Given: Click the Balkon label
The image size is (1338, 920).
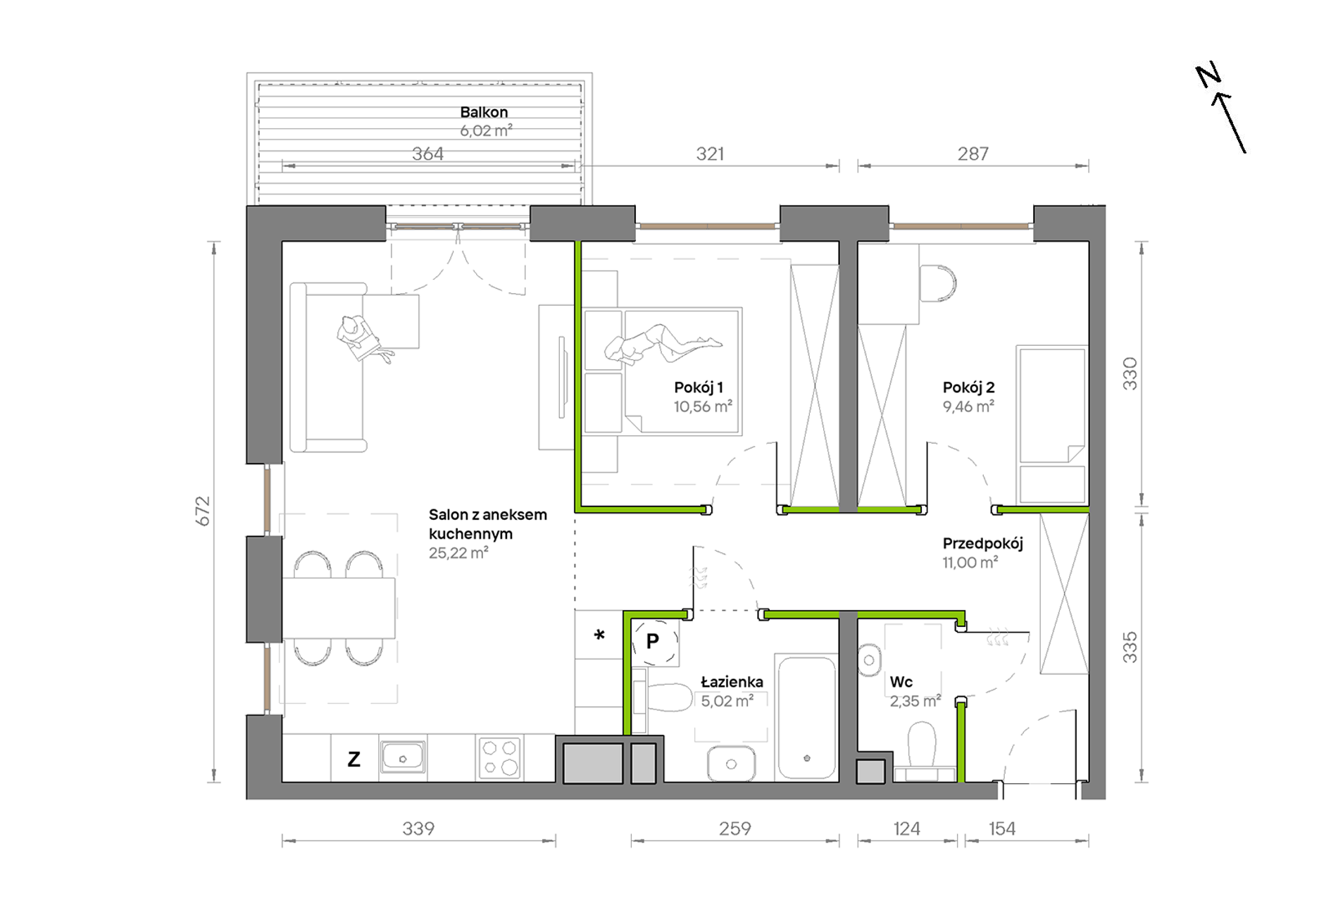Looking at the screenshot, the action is click(x=484, y=112).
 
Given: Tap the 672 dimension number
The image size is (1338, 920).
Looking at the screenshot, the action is click(x=203, y=511).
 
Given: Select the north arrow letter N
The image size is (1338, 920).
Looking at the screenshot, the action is click(x=1208, y=75).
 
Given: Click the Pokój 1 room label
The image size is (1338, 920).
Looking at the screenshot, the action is click(x=699, y=387).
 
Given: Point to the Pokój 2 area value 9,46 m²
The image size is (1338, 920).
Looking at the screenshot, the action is click(x=968, y=406).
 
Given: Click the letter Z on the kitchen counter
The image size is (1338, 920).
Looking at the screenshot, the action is click(x=354, y=759).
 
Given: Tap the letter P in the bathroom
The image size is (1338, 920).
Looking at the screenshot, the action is click(x=653, y=641).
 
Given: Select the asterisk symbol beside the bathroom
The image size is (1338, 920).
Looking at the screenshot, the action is click(x=599, y=635).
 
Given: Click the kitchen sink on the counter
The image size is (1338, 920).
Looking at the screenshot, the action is click(x=403, y=757).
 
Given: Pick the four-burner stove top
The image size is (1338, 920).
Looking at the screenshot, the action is click(x=499, y=757).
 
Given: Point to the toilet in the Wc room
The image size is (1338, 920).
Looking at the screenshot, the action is click(x=922, y=750).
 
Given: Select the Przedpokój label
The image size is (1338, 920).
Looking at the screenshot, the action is click(x=982, y=544).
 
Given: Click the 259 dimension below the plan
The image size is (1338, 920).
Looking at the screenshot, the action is click(x=735, y=828).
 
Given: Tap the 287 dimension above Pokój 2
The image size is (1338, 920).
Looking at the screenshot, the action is click(x=973, y=154).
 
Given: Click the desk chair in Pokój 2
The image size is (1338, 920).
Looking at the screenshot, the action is click(x=937, y=283).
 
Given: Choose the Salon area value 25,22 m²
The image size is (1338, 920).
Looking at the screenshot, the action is click(x=458, y=553).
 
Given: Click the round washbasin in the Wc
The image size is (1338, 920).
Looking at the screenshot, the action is click(x=870, y=660).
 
